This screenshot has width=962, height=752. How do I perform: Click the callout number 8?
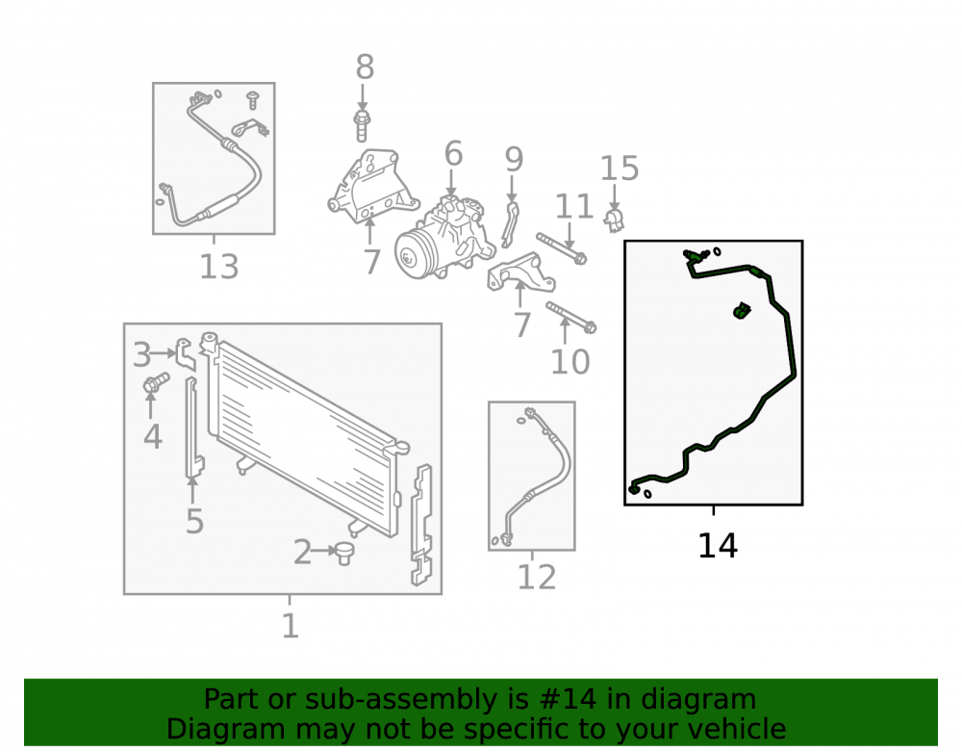pyautogui.click(x=365, y=66)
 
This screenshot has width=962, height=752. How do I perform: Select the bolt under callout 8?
pyautogui.click(x=362, y=125)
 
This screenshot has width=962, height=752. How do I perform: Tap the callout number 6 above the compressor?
pyautogui.click(x=453, y=153)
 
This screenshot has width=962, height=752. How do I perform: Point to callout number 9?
pyautogui.click(x=514, y=160)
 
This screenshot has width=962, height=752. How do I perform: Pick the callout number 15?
pyautogui.click(x=619, y=169)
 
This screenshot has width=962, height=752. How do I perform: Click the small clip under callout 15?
pyautogui.click(x=614, y=220)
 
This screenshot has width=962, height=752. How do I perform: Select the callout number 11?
pyautogui.click(x=574, y=207)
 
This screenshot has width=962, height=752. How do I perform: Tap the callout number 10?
pyautogui.click(x=570, y=362)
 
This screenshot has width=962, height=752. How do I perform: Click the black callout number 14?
pyautogui.click(x=718, y=545)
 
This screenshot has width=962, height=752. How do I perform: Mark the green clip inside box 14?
pyautogui.click(x=743, y=311)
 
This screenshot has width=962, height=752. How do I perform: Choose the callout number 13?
pyautogui.click(x=219, y=267)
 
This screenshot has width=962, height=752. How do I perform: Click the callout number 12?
pyautogui.click(x=537, y=577)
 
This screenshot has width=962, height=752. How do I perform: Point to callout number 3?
pyautogui.click(x=141, y=355)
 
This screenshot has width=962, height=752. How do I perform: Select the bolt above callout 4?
pyautogui.click(x=156, y=383)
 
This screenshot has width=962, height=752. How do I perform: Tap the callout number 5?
pyautogui.click(x=194, y=522)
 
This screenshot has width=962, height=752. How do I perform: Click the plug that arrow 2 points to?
pyautogui.click(x=344, y=553)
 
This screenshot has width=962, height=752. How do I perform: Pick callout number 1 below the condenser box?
pyautogui.click(x=291, y=626)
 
